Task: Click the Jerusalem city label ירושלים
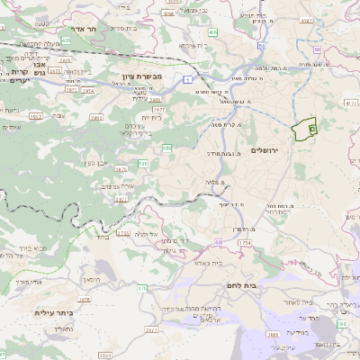pyautogui.click(x=267, y=149)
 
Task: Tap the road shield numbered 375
pyautogui.click(x=141, y=288)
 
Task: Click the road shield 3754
pyautogui.click(x=243, y=243)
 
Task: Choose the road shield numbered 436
pyautogui.click(x=212, y=32)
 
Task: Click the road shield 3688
pyautogui.click(x=273, y=334)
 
